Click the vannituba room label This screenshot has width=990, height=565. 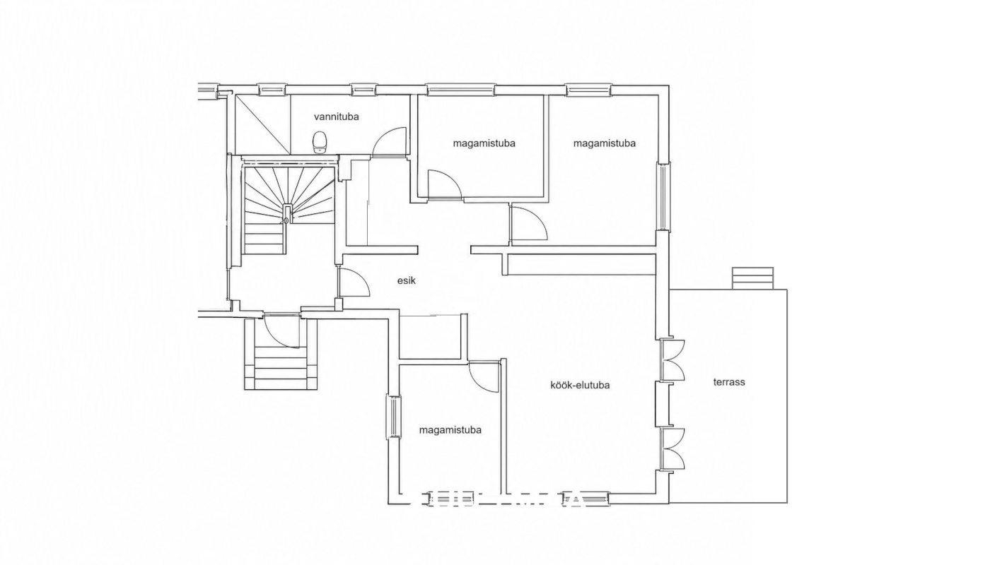(x=337, y=117)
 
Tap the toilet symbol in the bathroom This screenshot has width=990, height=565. (x=319, y=142)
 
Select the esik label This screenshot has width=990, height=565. (x=406, y=280)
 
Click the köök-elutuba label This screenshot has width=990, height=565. (x=580, y=385)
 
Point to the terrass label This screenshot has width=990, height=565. (x=729, y=382)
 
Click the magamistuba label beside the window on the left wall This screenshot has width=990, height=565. (x=450, y=430)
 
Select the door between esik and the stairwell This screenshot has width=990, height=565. (x=354, y=282)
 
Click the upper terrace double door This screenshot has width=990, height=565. (x=672, y=360)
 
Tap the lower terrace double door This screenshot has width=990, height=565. (x=672, y=448)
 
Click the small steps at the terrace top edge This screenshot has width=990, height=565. (x=752, y=278)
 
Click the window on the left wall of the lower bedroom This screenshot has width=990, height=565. (x=393, y=416)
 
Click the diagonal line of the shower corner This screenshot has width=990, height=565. (x=262, y=125)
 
